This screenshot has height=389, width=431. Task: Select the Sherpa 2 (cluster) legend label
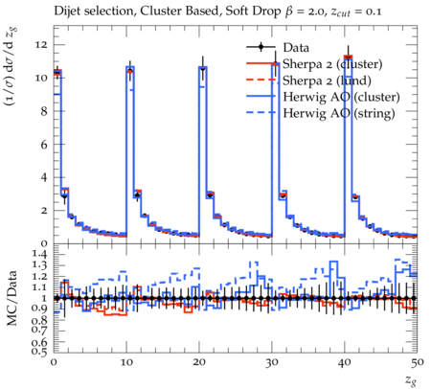(x=332, y=64)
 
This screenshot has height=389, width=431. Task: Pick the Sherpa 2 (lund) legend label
(x=327, y=80)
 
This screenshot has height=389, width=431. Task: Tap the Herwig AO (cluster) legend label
(x=341, y=97)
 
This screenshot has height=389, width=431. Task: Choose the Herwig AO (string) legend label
(x=339, y=113)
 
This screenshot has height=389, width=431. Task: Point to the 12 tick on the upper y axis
(x=41, y=44)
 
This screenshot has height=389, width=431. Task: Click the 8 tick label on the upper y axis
(x=44, y=111)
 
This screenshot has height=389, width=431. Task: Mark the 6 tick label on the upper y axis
(x=44, y=144)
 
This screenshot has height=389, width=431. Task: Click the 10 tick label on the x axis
(x=126, y=362)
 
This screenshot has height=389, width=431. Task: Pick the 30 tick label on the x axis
(x=272, y=362)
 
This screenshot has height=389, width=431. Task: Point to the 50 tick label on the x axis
(x=418, y=362)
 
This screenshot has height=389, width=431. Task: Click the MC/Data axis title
(x=12, y=298)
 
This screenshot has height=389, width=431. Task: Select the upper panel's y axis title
(x=11, y=66)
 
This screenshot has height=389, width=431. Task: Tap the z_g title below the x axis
(x=411, y=380)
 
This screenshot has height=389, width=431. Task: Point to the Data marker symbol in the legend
(x=261, y=47)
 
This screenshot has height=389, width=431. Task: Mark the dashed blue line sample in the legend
(x=261, y=112)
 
